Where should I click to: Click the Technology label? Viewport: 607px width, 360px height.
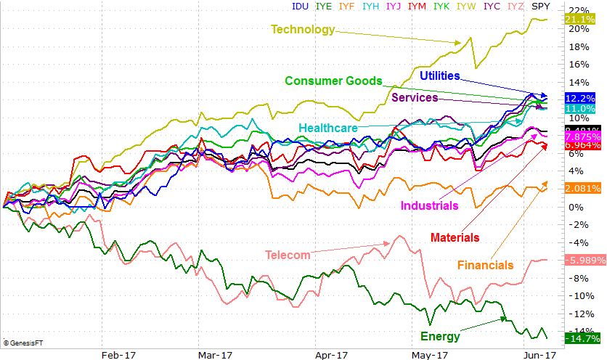coord(303,30)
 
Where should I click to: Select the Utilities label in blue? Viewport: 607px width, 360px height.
coord(449,75)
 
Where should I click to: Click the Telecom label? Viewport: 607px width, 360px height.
coord(288,255)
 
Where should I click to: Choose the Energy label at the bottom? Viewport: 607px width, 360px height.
coord(440,336)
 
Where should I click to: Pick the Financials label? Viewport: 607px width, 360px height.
coord(486,265)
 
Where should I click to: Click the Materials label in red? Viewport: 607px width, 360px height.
coord(455,237)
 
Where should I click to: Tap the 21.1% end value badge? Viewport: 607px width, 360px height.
coord(579,20)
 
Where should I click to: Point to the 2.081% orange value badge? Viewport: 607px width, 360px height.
coord(582,189)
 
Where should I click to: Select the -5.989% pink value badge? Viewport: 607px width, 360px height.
coord(581,261)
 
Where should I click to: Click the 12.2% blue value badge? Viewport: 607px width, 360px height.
coord(579,98)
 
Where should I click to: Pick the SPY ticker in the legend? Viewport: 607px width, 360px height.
coord(541,6)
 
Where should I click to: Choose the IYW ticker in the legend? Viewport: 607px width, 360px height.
coord(466,6)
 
